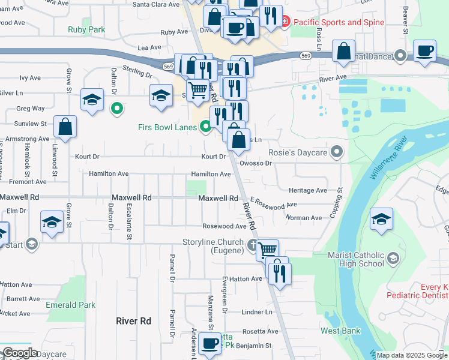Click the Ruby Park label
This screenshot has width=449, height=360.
coord(86,29)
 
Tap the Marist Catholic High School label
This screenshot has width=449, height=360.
coord(356,259)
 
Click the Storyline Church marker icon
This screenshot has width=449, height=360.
coord(253,244)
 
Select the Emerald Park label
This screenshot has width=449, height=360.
coord(70,305)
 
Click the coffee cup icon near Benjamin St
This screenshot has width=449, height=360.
coord(210,344)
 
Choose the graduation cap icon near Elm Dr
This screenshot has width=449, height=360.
coord(52,221)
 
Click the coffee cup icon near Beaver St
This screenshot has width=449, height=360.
coord(425,51)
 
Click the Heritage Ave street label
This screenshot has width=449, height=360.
coord(308,190)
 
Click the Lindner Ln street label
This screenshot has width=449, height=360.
coord(257,312)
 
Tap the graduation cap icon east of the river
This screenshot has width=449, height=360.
coord(381,219)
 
